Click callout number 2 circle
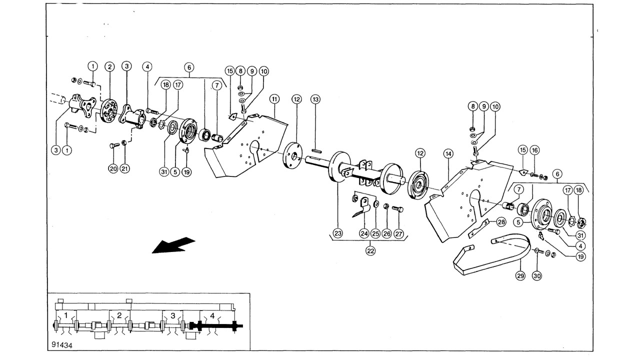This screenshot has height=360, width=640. [x=109, y=67]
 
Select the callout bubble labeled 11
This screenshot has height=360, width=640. [x=274, y=99]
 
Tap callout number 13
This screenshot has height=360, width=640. [x=315, y=99]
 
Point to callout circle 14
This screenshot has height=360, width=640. [x=448, y=154]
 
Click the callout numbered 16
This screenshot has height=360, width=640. [x=534, y=150]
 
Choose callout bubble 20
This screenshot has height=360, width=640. [x=113, y=168]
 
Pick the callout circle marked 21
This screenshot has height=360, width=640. [x=124, y=168]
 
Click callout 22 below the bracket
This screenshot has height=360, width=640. [x=370, y=251]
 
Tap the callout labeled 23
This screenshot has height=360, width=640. [x=337, y=233]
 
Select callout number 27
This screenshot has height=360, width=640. [x=398, y=233]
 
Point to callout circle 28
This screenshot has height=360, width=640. [x=501, y=222]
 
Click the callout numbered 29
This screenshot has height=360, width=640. [x=520, y=275]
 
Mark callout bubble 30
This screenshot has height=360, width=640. [x=537, y=275]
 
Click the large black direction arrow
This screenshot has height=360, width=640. [x=173, y=245]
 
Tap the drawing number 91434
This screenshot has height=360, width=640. [x=62, y=345]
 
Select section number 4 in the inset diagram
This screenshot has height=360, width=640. [x=212, y=315]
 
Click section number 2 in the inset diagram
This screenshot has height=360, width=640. [x=119, y=315]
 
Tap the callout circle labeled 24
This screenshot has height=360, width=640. [x=364, y=233]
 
